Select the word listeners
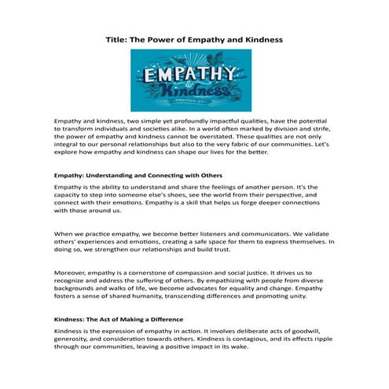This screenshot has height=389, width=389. click(207, 233)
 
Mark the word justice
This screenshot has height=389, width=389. click(244, 272)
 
